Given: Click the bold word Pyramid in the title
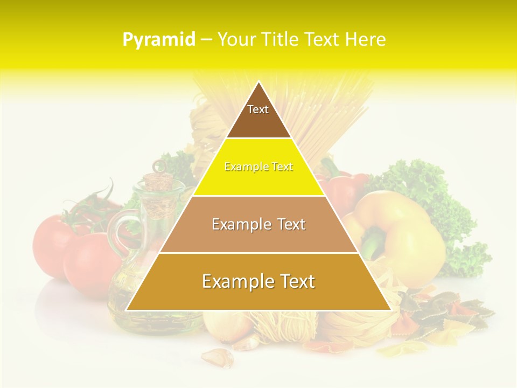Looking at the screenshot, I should coord(158,39).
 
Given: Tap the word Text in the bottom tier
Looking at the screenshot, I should coord(294,282).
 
